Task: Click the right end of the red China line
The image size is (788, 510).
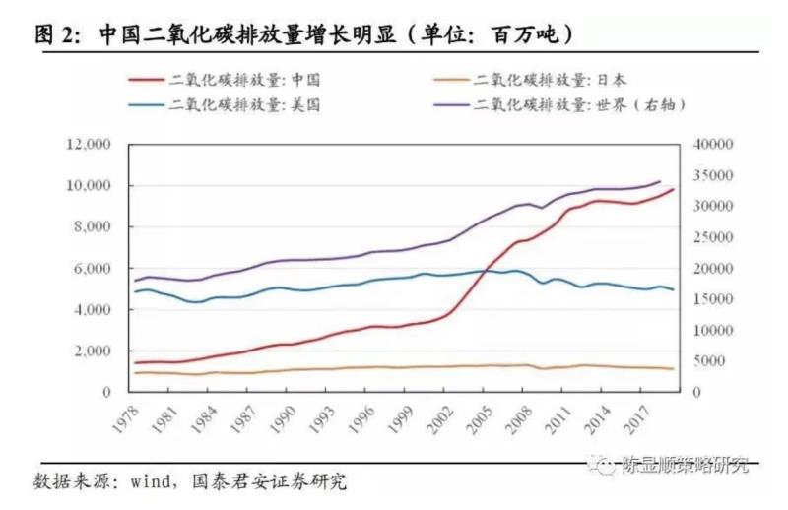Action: point(672,189)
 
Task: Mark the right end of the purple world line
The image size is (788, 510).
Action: point(659,181)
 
